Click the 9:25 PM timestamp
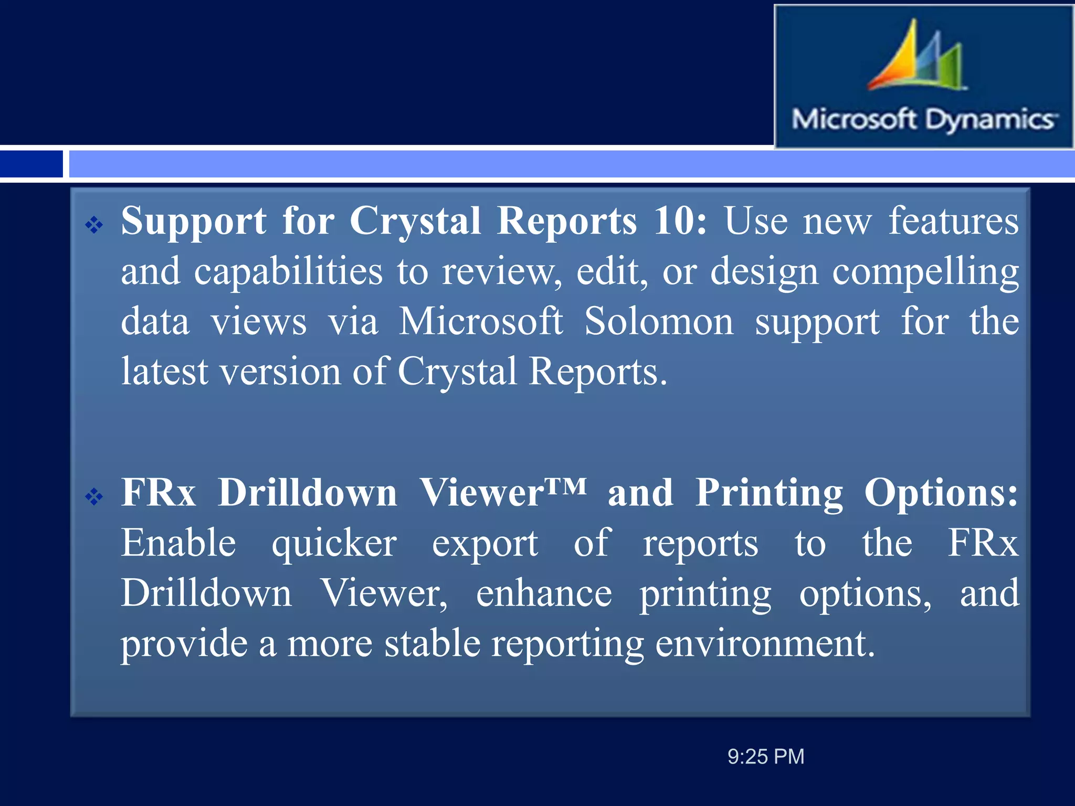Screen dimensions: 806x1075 point(765,757)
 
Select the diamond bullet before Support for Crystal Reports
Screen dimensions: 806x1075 point(94,225)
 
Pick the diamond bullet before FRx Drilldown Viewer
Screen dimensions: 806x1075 point(94,496)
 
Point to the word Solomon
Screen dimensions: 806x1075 point(659,321)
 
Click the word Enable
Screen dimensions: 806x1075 point(178,543)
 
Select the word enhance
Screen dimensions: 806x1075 point(544,593)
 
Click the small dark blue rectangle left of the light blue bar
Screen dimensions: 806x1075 point(31,164)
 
